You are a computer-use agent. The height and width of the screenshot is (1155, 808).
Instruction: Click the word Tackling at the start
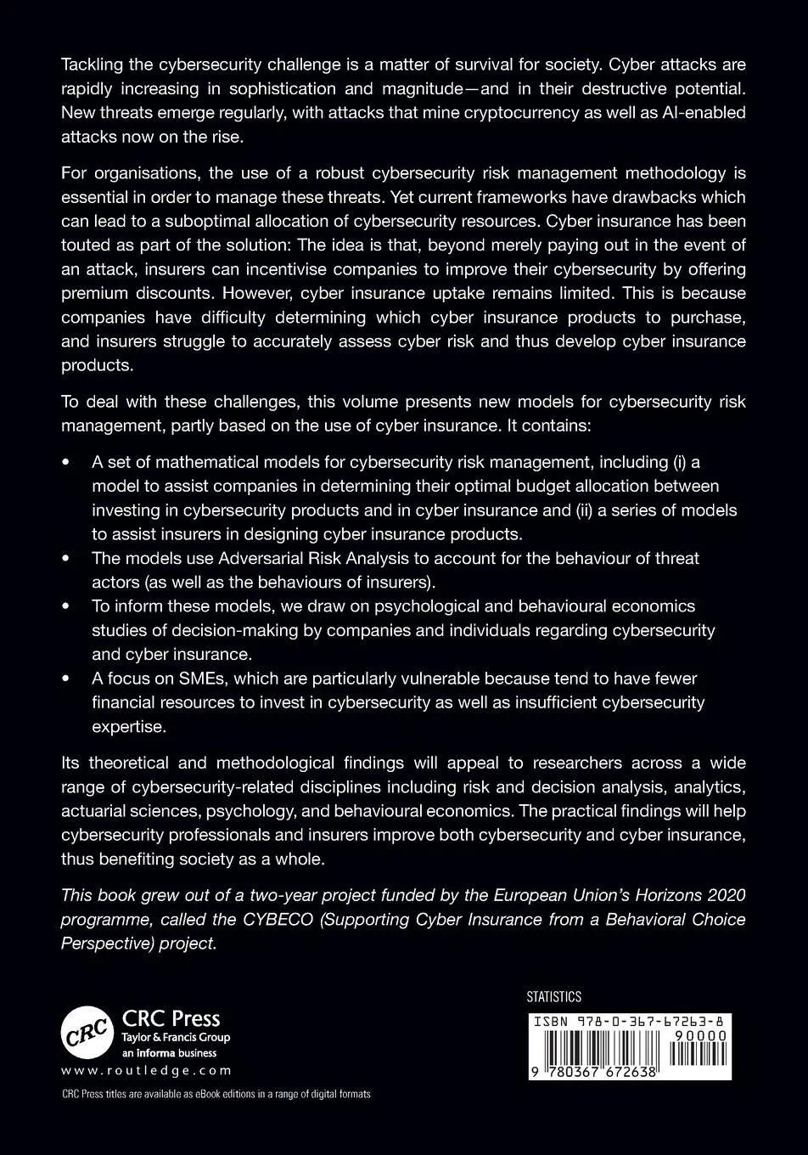coord(90,65)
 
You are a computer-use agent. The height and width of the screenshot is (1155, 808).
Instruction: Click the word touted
coord(86,245)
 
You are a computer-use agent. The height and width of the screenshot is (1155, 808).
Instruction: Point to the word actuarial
coord(95,811)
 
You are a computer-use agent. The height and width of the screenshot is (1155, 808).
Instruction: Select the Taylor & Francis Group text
coord(177,1037)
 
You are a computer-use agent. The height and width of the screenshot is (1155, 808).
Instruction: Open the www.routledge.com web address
coord(146,1071)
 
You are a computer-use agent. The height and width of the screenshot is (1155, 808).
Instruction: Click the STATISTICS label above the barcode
coord(554,997)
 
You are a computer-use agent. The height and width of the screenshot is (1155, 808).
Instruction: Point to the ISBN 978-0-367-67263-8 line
coord(629,1023)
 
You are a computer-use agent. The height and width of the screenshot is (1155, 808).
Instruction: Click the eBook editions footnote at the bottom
coord(216,1094)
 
